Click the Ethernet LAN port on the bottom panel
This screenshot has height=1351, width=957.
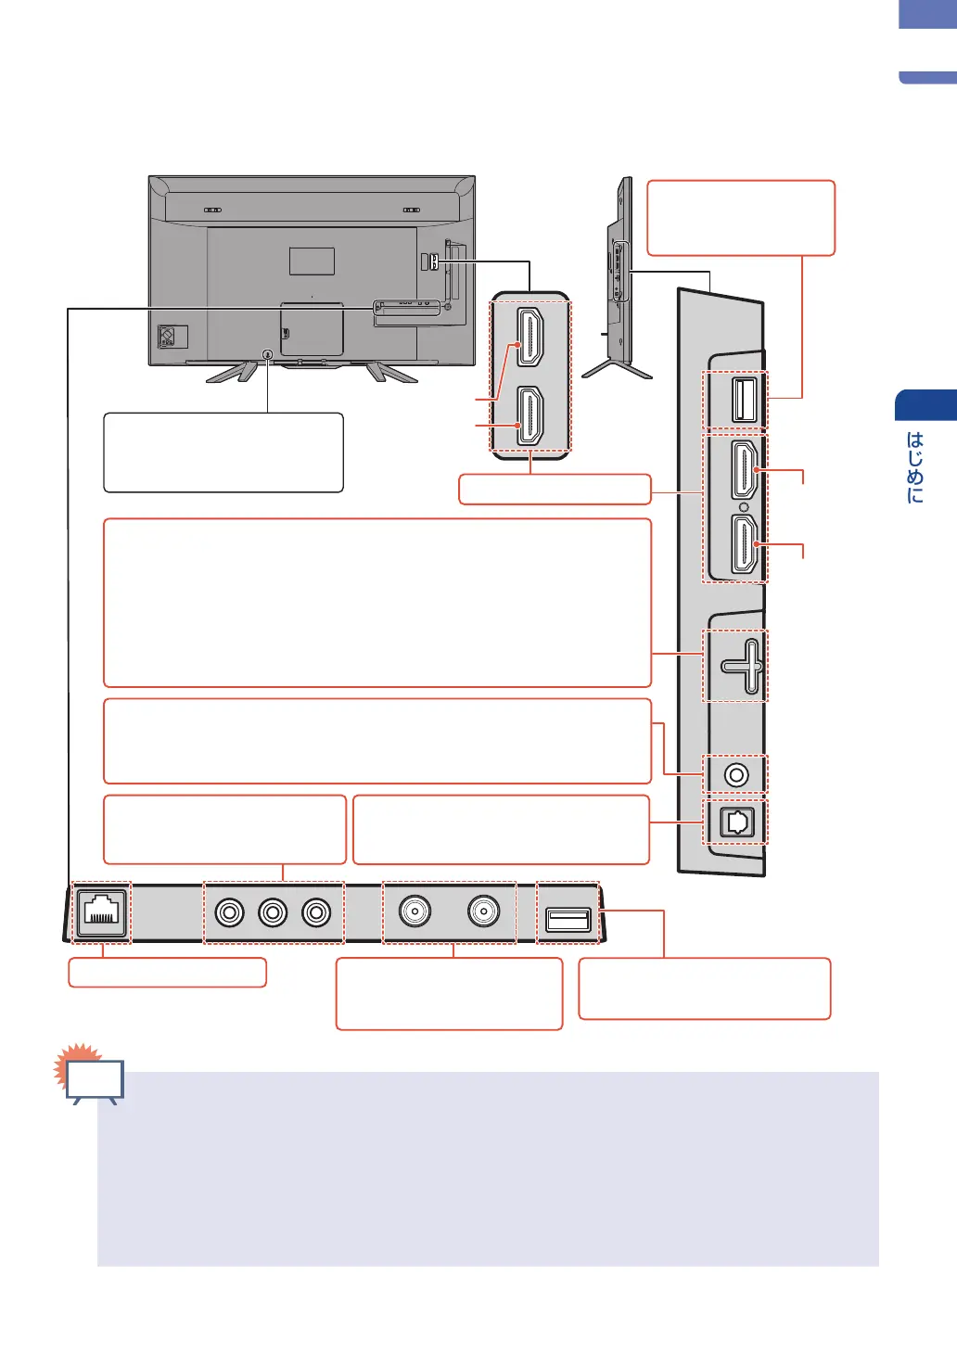click(x=100, y=911)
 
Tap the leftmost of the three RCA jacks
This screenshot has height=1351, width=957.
click(x=230, y=912)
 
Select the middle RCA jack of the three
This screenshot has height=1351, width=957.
click(x=274, y=912)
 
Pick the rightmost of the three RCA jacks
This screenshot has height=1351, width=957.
click(x=316, y=912)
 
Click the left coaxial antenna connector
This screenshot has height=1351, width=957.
click(x=415, y=911)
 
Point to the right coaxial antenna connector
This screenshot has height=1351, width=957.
click(x=483, y=911)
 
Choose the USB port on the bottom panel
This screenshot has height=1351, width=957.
click(x=568, y=919)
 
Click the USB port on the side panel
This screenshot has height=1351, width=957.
click(x=744, y=400)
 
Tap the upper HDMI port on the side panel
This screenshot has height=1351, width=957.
click(x=744, y=470)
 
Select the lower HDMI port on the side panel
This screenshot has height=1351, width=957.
click(x=744, y=544)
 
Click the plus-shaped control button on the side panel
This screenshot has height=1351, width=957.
click(x=743, y=666)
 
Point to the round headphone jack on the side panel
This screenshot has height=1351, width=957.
click(x=736, y=774)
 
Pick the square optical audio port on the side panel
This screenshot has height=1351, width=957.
click(x=736, y=822)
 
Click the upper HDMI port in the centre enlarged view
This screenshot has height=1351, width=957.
click(x=530, y=338)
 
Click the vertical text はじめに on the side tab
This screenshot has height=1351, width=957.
click(x=915, y=467)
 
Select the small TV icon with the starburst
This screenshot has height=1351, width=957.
click(x=93, y=1079)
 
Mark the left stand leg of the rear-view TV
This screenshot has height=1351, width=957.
click(x=230, y=371)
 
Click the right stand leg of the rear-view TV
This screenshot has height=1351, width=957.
click(x=390, y=372)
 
